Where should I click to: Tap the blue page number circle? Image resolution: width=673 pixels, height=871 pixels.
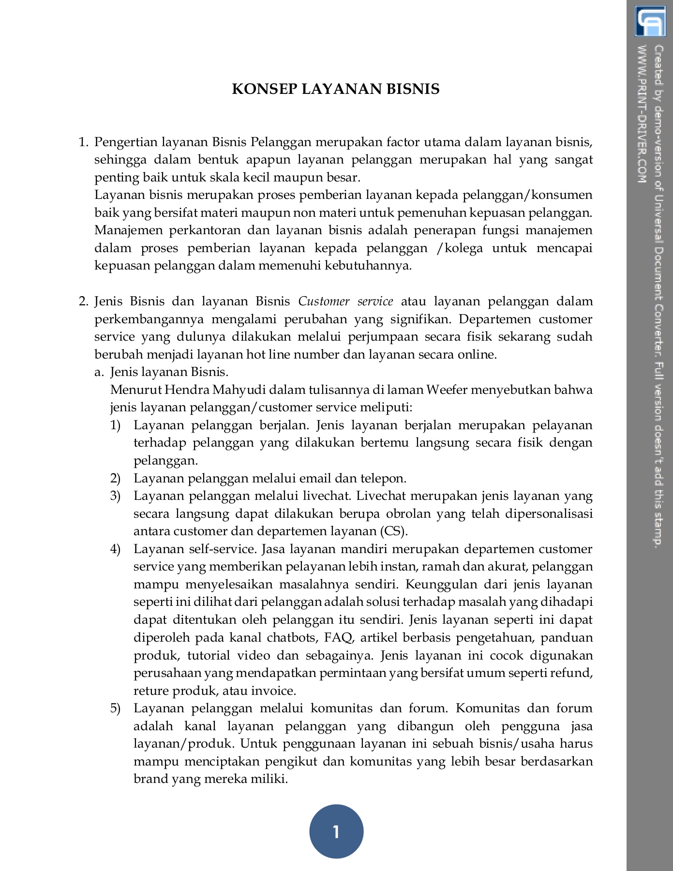click(x=336, y=831)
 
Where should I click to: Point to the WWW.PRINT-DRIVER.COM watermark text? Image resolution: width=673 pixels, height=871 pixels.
click(x=642, y=114)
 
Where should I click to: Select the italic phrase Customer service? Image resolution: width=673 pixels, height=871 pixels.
click(x=345, y=301)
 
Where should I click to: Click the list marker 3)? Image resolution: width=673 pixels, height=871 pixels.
click(x=115, y=496)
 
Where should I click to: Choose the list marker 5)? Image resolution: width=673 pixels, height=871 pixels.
click(x=115, y=708)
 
